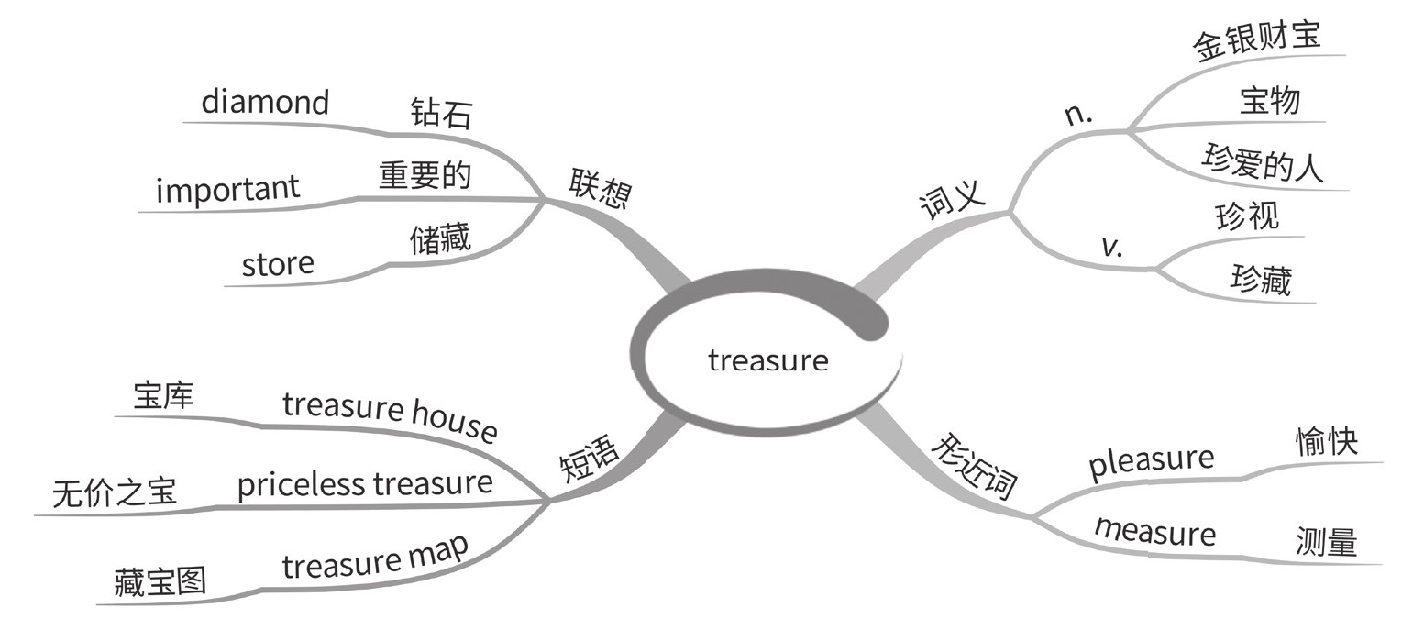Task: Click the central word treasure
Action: (767, 360)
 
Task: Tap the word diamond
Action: (265, 101)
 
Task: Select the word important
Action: (227, 189)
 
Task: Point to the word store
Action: (278, 264)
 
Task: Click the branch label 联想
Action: (600, 189)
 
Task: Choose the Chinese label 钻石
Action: (441, 114)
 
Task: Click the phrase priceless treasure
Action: (365, 483)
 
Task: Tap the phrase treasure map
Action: (375, 557)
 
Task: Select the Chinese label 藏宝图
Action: (160, 582)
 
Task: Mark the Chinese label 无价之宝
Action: (115, 494)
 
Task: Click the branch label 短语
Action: (590, 459)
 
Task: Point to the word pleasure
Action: (1151, 461)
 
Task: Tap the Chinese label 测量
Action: (1326, 542)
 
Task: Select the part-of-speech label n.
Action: (1077, 115)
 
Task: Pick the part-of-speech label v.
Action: (1111, 246)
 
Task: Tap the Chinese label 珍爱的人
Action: (1263, 165)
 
